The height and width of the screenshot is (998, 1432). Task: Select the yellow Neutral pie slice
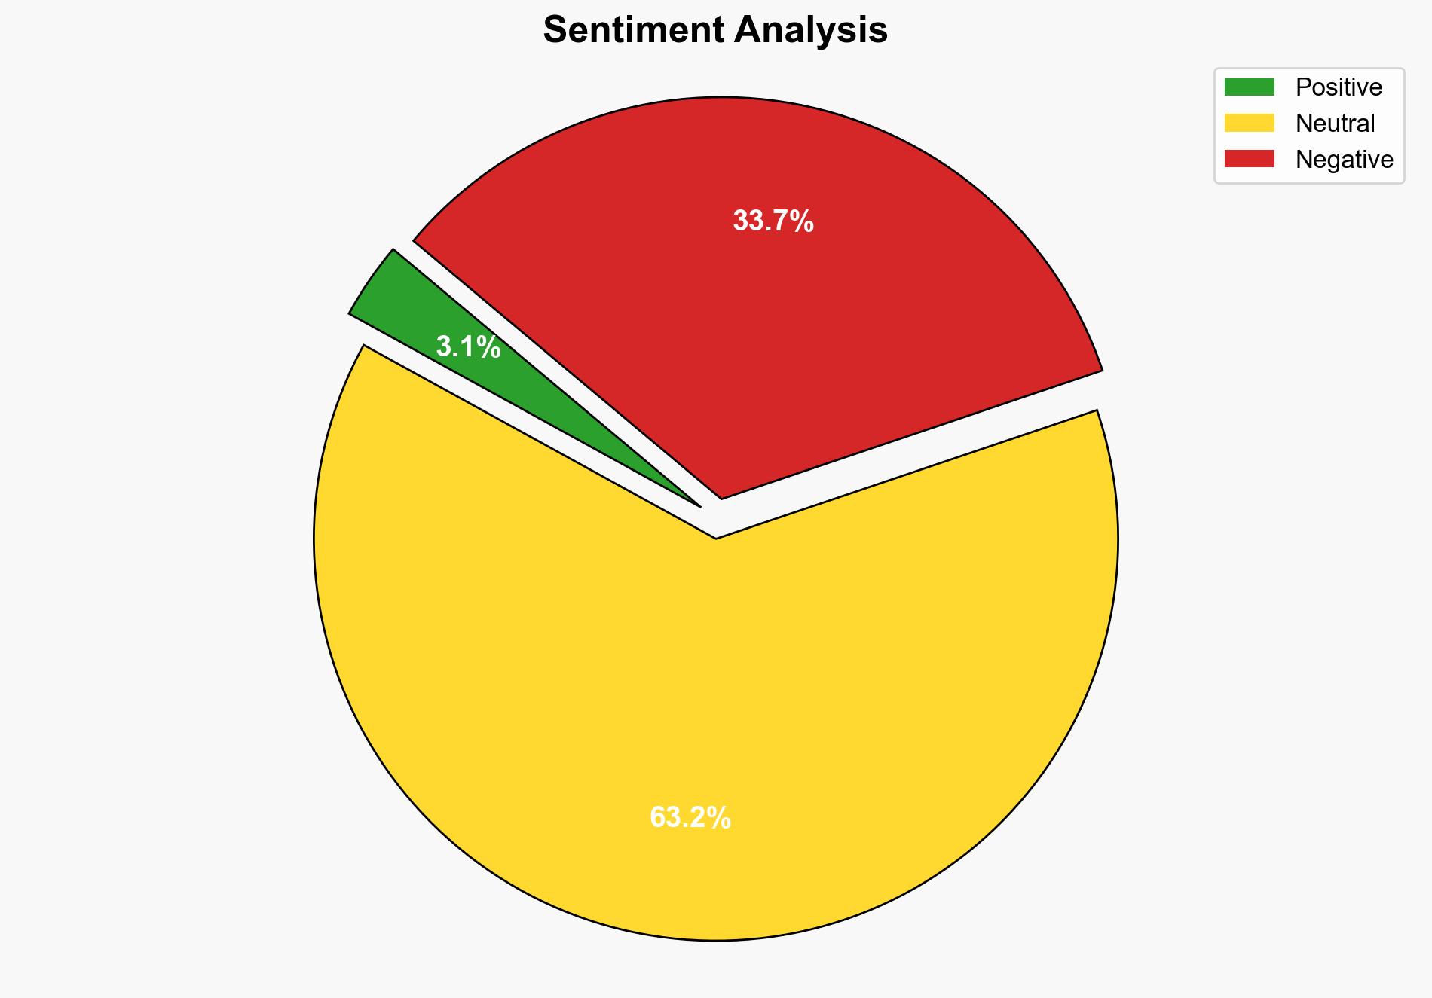[x=678, y=678]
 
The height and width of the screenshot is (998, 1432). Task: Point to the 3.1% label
[x=468, y=347]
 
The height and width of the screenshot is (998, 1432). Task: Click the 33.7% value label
[x=773, y=221]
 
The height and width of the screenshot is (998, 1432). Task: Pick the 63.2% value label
[x=690, y=817]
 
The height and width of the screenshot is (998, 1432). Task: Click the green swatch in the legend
[x=1249, y=87]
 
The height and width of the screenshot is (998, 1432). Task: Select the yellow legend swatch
[x=1249, y=123]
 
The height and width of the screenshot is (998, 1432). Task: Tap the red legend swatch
[x=1249, y=159]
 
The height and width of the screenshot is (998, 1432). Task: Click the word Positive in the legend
[x=1339, y=87]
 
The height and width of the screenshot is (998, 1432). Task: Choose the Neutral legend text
[x=1335, y=123]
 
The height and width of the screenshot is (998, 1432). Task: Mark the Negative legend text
[x=1344, y=159]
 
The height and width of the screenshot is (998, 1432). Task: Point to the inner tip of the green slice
[x=697, y=504]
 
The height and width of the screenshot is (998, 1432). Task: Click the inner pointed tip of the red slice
[x=721, y=496]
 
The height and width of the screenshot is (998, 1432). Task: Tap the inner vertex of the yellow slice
[x=715, y=536]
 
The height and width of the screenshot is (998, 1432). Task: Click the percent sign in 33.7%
[x=803, y=221]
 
